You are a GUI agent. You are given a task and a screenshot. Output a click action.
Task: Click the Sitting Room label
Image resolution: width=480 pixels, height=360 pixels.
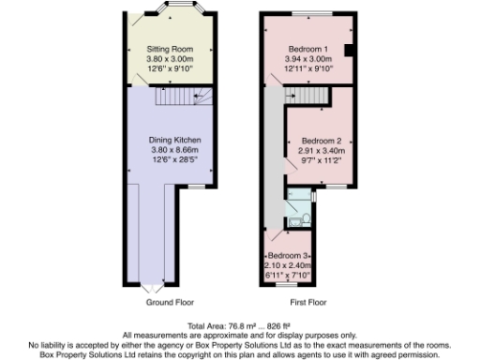click(x=169, y=47)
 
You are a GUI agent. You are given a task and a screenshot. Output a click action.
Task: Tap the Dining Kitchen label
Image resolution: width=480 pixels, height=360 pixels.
click(x=169, y=140)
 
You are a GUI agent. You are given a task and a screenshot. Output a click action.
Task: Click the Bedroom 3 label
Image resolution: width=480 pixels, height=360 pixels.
click(x=290, y=256)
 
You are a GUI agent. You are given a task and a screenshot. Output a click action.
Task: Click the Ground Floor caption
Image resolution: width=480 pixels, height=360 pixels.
click(x=169, y=303)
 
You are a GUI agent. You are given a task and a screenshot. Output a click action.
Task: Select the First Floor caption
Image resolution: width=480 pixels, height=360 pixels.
click(x=308, y=303)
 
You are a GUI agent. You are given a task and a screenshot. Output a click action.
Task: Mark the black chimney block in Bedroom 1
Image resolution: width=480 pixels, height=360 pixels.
click(x=348, y=50)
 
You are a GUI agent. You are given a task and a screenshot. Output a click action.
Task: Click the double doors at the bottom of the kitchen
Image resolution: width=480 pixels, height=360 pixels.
click(x=157, y=284)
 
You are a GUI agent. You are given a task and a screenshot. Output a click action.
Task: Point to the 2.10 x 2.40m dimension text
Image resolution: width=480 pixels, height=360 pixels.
click(x=290, y=265)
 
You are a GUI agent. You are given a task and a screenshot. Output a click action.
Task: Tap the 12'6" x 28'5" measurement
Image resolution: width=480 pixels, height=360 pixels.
click(x=169, y=158)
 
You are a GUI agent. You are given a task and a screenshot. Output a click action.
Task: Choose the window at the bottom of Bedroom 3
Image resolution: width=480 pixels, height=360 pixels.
click(x=290, y=283)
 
